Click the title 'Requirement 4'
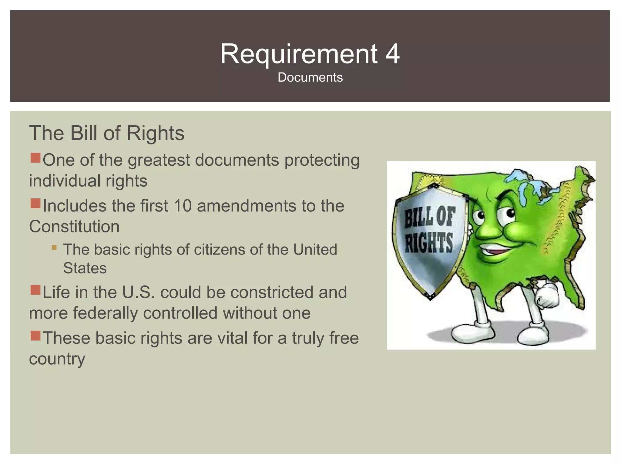(x=310, y=54)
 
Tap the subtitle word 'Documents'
(x=310, y=77)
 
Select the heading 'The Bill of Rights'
(x=107, y=133)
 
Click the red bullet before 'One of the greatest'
(x=35, y=158)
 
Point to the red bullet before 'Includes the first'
(x=35, y=204)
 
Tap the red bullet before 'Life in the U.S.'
(x=35, y=290)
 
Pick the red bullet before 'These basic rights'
(x=35, y=336)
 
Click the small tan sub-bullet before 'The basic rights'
(x=54, y=248)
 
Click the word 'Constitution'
(x=74, y=226)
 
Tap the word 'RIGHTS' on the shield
(x=429, y=243)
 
